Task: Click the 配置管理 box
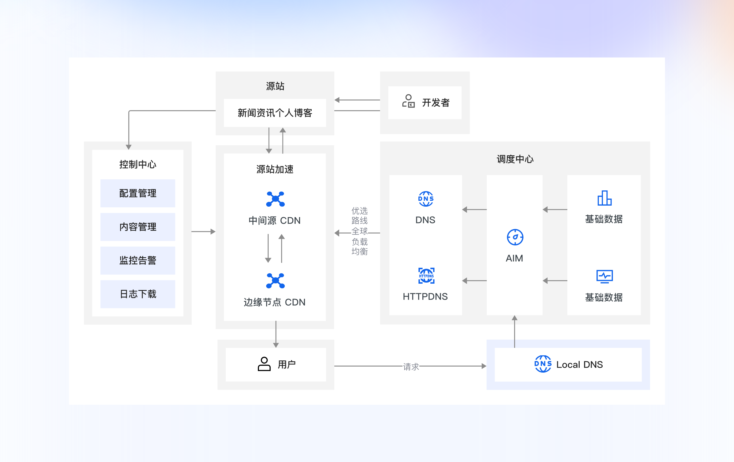pyautogui.click(x=137, y=193)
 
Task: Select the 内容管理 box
pyautogui.click(x=137, y=227)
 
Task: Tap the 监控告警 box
pyautogui.click(x=137, y=260)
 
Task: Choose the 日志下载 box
pyautogui.click(x=137, y=294)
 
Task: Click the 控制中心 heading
pyautogui.click(x=137, y=165)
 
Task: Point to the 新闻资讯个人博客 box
pyautogui.click(x=275, y=113)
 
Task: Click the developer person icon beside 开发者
pyautogui.click(x=408, y=101)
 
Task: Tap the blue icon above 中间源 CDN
pyautogui.click(x=275, y=199)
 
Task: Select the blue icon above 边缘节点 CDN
pyautogui.click(x=275, y=281)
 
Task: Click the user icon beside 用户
pyautogui.click(x=264, y=364)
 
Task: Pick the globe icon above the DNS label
pyautogui.click(x=426, y=199)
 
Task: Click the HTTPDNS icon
pyautogui.click(x=426, y=276)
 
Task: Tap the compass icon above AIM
pyautogui.click(x=515, y=237)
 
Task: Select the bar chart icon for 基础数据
pyautogui.click(x=604, y=198)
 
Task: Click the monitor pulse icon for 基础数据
pyautogui.click(x=604, y=276)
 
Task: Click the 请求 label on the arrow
pyautogui.click(x=411, y=367)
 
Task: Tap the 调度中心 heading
pyautogui.click(x=515, y=159)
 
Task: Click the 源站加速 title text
pyautogui.click(x=275, y=169)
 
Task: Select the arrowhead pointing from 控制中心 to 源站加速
pyautogui.click(x=213, y=232)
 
